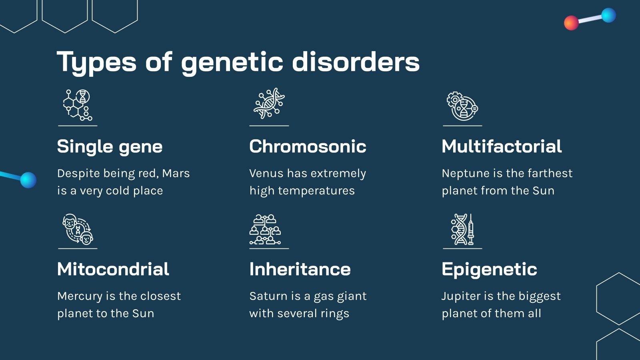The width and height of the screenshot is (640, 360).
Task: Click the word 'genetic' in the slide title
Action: click(232, 62)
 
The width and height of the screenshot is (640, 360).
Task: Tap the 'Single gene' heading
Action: click(110, 147)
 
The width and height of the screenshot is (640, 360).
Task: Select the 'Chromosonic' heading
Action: click(308, 146)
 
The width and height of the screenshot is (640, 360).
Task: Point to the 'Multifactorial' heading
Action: click(502, 146)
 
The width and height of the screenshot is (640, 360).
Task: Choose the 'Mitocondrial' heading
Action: click(113, 269)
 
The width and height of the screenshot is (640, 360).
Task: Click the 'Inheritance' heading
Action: click(300, 269)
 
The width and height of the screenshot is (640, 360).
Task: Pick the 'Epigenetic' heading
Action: click(489, 270)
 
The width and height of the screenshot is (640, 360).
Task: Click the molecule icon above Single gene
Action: click(78, 105)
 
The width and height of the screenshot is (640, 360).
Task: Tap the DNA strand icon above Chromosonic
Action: click(269, 104)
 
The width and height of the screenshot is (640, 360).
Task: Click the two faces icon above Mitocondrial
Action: click(78, 229)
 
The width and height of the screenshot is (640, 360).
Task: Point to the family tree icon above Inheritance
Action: click(265, 229)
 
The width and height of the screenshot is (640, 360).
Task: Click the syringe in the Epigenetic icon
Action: click(471, 229)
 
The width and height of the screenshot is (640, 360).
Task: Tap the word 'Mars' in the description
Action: click(176, 174)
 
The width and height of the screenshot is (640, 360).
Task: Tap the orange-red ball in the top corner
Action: click(571, 23)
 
